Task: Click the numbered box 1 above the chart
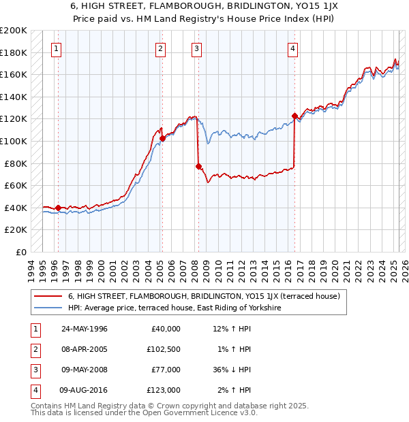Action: [x=55, y=48]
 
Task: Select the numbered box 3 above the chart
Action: [x=196, y=48]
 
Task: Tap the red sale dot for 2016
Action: [x=294, y=116]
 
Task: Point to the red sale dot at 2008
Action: [x=198, y=166]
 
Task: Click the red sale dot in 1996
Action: [x=58, y=208]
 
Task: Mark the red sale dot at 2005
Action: [x=162, y=138]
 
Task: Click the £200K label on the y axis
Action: [x=14, y=30]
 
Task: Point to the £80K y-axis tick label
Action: [x=16, y=163]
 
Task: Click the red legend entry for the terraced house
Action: [x=198, y=296]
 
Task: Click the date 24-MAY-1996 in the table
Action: [x=85, y=329]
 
